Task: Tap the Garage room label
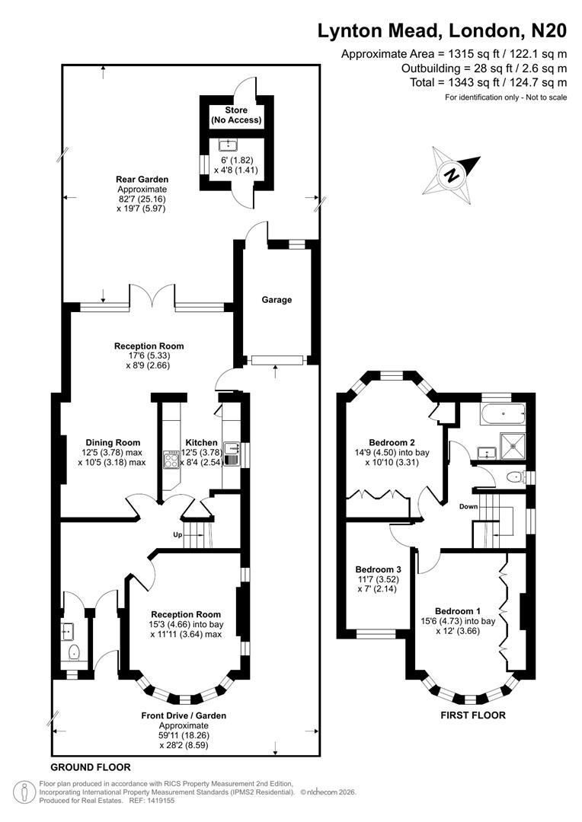(x=277, y=300)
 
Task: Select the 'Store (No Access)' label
(x=236, y=115)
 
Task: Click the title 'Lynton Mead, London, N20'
(x=442, y=30)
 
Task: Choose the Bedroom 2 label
(x=392, y=442)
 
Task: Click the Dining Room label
(x=110, y=442)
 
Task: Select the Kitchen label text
(x=201, y=442)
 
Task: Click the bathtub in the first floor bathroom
(x=503, y=415)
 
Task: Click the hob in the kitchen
(x=170, y=459)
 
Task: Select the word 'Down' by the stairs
(x=468, y=506)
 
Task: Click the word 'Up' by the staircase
(x=177, y=534)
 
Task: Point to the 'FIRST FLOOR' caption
(x=473, y=715)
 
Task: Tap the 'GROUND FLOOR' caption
(x=91, y=767)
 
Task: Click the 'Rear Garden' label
(x=142, y=180)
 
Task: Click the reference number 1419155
(x=157, y=800)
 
